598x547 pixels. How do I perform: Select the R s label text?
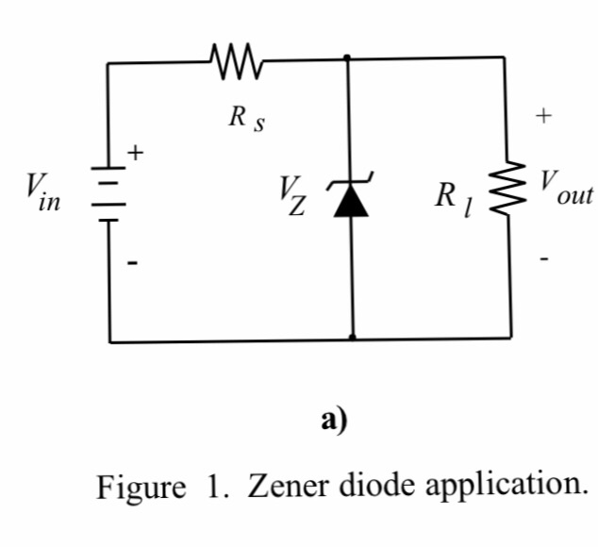click(x=244, y=120)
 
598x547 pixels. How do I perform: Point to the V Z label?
click(x=291, y=196)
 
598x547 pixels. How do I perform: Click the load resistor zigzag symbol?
click(x=514, y=195)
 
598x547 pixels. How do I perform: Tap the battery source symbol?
click(x=109, y=194)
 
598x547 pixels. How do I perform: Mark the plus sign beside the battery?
click(x=138, y=151)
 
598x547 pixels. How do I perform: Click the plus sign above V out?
click(x=542, y=117)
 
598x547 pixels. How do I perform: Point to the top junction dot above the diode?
click(x=348, y=58)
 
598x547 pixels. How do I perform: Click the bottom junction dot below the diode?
click(x=353, y=336)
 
